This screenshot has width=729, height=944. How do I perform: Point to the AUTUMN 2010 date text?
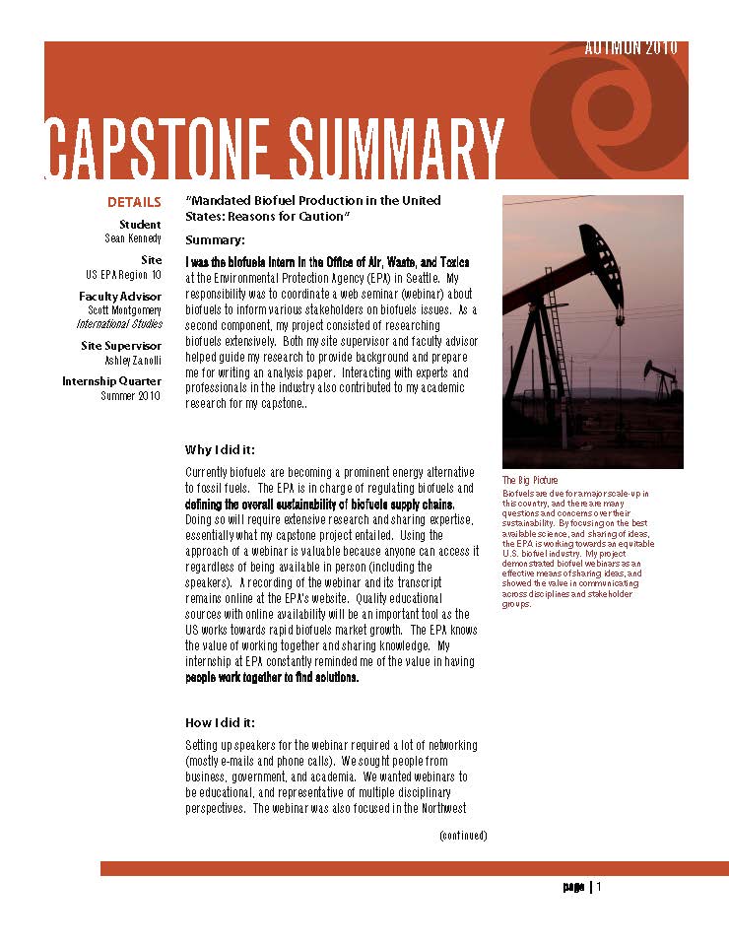(630, 48)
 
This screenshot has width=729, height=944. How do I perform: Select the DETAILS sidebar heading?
(134, 203)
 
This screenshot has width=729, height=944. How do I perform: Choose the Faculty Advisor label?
(120, 296)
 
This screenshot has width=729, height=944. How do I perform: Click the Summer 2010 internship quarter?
(130, 395)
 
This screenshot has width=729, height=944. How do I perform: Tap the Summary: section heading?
(215, 240)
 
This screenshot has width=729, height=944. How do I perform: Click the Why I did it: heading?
(226, 449)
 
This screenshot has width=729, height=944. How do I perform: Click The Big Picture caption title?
(530, 481)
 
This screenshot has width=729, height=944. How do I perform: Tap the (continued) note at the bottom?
(463, 836)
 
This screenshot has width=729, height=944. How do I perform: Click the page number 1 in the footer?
(598, 886)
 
